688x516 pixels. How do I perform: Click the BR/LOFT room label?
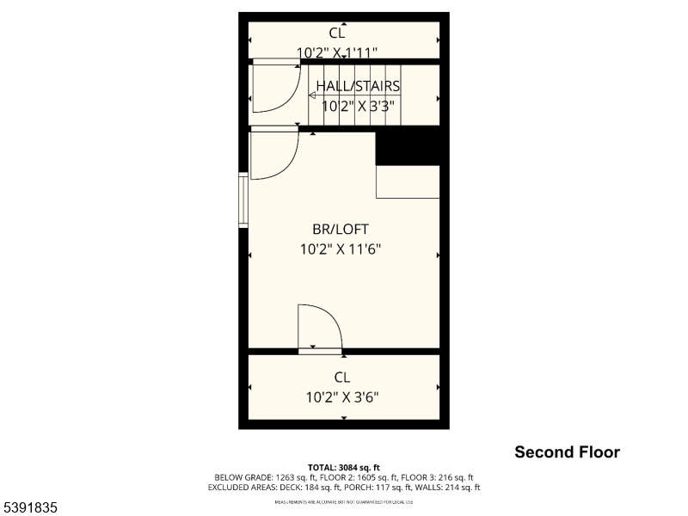pos(341,229)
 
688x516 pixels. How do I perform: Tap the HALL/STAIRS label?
pos(358,86)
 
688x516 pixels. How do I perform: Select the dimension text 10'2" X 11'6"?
pos(341,249)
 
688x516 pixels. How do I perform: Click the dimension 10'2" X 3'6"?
pos(342,397)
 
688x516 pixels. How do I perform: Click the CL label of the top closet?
pos(336,33)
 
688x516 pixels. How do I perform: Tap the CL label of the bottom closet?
pos(342,377)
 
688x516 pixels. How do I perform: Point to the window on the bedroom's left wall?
pos(243,200)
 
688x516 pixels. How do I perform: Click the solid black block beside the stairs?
pos(408,146)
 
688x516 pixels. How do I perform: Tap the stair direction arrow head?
pos(312,96)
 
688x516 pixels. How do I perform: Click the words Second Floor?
pos(567,452)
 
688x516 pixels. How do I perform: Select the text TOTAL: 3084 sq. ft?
pos(343,467)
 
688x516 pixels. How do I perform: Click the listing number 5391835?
pos(30,508)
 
